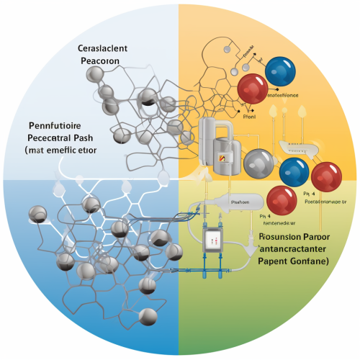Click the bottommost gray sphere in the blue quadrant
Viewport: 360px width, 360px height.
(148, 315)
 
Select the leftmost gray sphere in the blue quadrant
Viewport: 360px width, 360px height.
(37, 215)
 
